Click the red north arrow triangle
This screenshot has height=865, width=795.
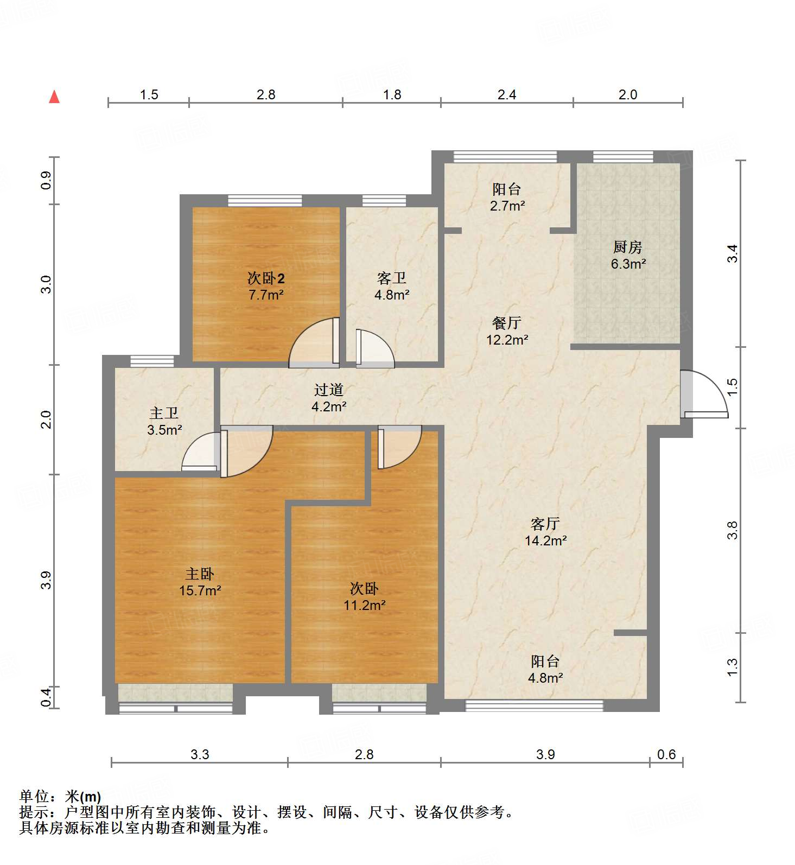point(54,97)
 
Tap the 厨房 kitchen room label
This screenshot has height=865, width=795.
point(628,247)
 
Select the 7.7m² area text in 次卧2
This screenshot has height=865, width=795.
point(266,295)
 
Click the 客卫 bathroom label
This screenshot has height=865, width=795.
point(391,279)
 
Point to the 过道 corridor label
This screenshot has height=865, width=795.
point(329,390)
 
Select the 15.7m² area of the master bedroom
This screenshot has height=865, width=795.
point(200,590)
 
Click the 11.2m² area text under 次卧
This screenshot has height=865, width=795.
point(364,605)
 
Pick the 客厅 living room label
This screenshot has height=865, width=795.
point(545,524)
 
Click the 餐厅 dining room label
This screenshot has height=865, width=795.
point(506,323)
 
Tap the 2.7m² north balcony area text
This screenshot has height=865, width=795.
point(507,206)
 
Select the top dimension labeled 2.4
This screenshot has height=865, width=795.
point(507,95)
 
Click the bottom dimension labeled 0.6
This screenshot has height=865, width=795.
point(666,754)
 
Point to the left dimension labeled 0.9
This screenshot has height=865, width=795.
point(47,180)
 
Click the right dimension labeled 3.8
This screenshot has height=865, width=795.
point(733,530)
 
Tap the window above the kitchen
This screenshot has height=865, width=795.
point(623,157)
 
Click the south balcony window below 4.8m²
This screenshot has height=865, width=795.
point(535,705)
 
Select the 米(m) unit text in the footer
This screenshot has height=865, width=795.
point(83,797)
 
